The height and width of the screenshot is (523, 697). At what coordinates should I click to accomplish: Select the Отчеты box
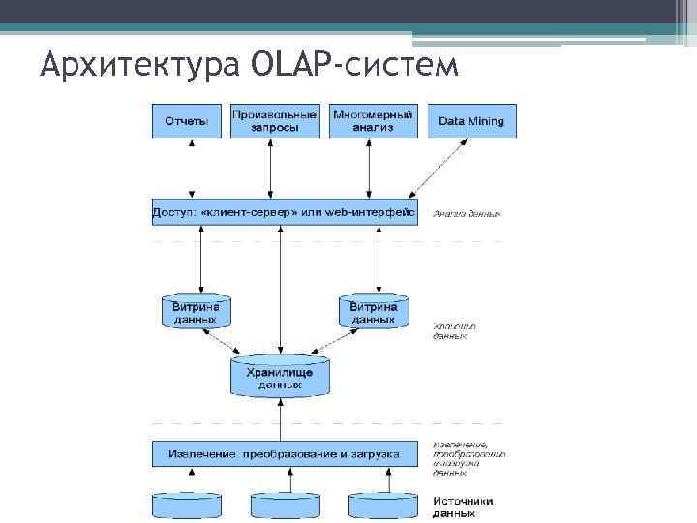point(187,121)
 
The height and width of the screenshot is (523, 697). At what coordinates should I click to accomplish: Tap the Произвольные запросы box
point(275,120)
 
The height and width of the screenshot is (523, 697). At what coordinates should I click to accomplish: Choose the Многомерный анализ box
point(373,120)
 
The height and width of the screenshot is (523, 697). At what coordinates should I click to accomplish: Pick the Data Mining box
point(471,121)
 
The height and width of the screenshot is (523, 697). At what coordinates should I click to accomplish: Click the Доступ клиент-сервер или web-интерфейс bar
point(285,212)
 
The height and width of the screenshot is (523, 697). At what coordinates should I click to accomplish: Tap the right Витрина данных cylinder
point(373,311)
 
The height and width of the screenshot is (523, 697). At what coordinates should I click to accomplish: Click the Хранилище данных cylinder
point(280,376)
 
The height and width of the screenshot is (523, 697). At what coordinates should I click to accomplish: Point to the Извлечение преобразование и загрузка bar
point(285,453)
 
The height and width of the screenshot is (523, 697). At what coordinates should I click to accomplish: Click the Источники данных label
point(463,507)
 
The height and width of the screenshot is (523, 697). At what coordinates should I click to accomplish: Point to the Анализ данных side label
point(467,213)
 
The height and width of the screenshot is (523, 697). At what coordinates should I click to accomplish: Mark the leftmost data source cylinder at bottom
point(189,507)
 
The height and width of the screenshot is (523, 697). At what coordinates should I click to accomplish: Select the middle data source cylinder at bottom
point(286,507)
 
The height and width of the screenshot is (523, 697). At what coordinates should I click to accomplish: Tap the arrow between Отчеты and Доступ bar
point(192,169)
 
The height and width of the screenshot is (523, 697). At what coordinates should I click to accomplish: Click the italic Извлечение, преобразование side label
point(469,459)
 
